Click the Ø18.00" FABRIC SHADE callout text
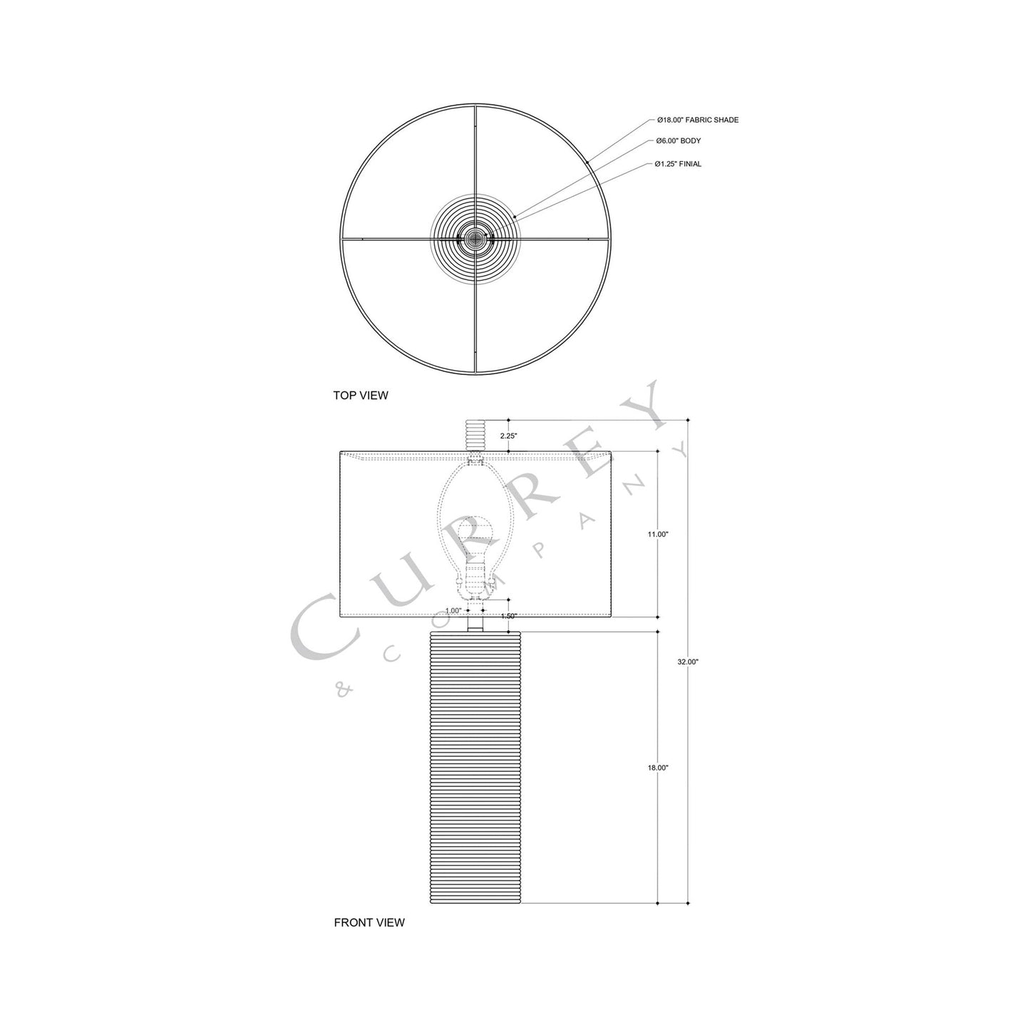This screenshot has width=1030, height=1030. click(697, 120)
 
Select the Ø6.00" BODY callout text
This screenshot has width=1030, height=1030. click(679, 141)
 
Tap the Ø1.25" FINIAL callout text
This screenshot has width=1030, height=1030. click(678, 164)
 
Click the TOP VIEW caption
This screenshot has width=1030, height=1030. click(360, 395)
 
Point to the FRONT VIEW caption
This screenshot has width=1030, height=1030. click(369, 922)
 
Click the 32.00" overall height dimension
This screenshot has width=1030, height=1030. click(688, 661)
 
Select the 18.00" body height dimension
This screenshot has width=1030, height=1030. click(658, 768)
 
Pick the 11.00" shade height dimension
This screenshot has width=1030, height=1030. click(658, 534)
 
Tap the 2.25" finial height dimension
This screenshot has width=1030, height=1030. click(508, 435)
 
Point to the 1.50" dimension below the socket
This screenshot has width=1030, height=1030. click(508, 616)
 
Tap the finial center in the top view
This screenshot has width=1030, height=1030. click(475, 240)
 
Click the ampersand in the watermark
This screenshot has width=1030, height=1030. click(341, 688)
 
